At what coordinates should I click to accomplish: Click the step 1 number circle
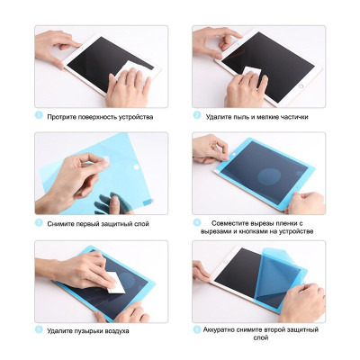tap(39, 115)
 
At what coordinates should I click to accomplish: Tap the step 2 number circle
tap(197, 115)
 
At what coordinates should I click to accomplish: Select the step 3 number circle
tap(39, 222)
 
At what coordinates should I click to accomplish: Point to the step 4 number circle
tap(197, 222)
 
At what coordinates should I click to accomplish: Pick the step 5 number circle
tap(39, 329)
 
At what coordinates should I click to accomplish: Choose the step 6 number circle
tap(197, 329)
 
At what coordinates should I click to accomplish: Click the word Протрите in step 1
tap(61, 117)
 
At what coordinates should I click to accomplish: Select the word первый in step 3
tap(89, 224)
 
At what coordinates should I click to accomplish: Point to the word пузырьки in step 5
tap(89, 331)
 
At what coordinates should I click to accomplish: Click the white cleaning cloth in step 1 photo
tap(133, 71)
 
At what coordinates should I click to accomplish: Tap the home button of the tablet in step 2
tap(301, 86)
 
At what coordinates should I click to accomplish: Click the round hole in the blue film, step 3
tap(136, 166)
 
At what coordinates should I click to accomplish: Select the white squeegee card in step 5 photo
tap(116, 283)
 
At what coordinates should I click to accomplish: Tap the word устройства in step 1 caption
tap(136, 117)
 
